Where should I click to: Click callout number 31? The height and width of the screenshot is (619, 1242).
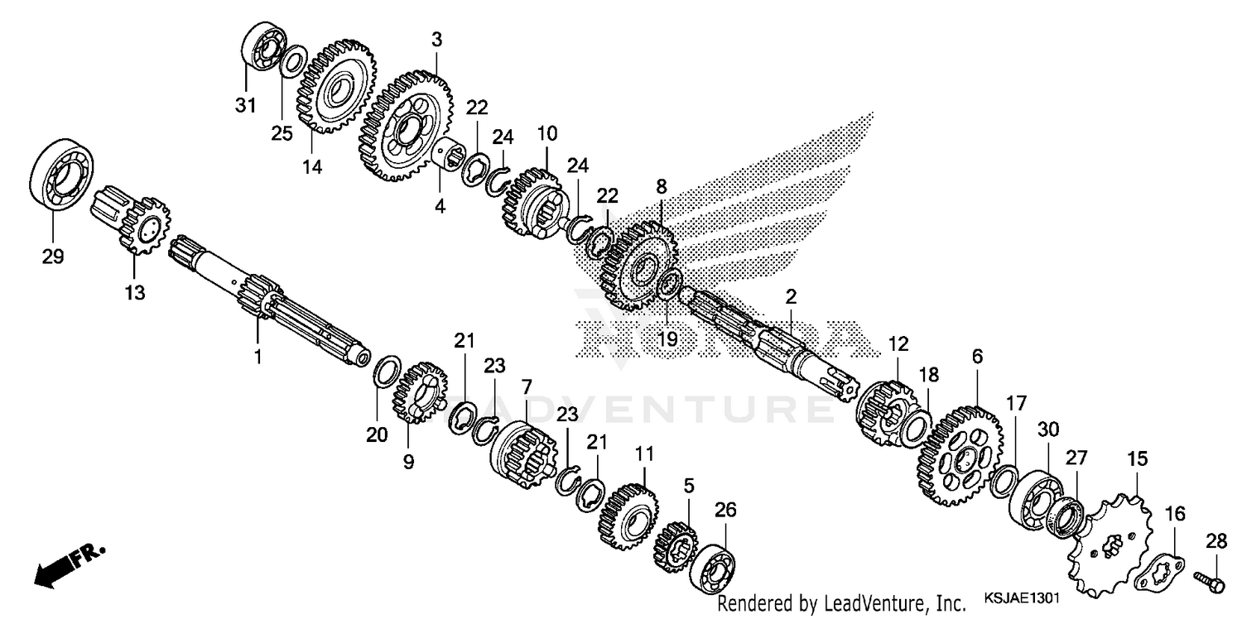[x=247, y=106]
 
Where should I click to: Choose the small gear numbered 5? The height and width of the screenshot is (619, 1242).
[x=676, y=546]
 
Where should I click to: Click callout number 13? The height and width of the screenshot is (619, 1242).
[x=134, y=292]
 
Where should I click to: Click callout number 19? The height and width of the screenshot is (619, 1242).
[x=667, y=338]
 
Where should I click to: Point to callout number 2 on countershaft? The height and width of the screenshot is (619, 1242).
[x=791, y=296]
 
